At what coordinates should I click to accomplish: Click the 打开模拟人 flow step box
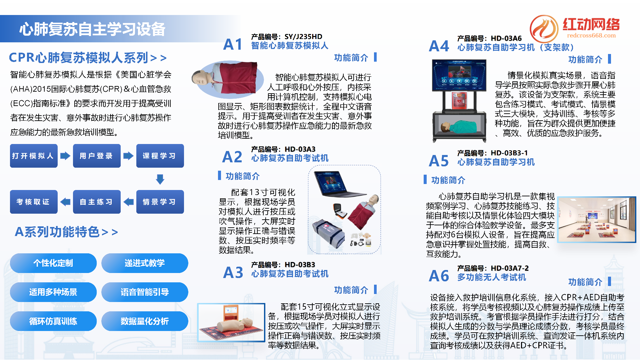[34, 156]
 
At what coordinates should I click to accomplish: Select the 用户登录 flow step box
[97, 156]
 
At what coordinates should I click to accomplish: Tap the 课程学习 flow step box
[160, 156]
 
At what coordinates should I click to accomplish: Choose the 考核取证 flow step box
[34, 202]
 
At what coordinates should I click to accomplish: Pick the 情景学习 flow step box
[160, 202]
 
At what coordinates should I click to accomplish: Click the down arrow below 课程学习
[160, 179]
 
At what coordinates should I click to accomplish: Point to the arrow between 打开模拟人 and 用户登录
[65, 156]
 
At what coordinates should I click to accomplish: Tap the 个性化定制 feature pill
[53, 263]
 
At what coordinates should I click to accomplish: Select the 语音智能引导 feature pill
[145, 292]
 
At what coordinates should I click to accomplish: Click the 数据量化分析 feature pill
[145, 321]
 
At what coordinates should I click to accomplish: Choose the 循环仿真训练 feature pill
[53, 321]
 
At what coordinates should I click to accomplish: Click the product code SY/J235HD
[303, 37]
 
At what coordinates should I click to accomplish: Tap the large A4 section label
[439, 46]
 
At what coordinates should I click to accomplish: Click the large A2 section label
[232, 157]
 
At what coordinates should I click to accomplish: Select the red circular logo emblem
[544, 29]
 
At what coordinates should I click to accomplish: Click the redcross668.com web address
[591, 36]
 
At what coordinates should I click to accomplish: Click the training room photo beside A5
[597, 220]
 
